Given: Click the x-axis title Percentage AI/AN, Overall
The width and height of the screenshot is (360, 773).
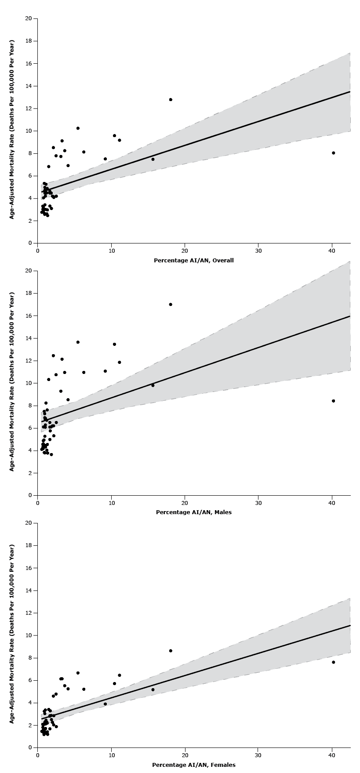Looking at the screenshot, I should pyautogui.click(x=193, y=261).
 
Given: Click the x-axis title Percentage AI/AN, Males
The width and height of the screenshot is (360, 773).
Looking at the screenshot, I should pyautogui.click(x=193, y=512).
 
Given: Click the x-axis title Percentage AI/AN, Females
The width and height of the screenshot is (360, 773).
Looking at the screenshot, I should pyautogui.click(x=193, y=765).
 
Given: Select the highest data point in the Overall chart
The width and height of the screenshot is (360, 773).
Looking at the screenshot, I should pyautogui.click(x=171, y=100).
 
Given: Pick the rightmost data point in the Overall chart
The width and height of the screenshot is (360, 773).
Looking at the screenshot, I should pyautogui.click(x=334, y=153).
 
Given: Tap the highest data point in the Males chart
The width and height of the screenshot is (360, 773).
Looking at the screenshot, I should pyautogui.click(x=171, y=305).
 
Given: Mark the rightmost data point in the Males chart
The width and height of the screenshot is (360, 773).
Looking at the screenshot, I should pyautogui.click(x=334, y=401).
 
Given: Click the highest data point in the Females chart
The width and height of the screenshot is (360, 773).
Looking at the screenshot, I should pyautogui.click(x=171, y=651).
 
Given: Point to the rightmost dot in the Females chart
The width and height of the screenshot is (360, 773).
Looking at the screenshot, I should pyautogui.click(x=334, y=662).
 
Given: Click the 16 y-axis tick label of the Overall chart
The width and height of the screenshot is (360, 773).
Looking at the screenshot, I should pyautogui.click(x=29, y=64).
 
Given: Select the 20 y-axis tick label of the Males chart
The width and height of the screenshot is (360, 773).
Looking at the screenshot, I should pyautogui.click(x=29, y=271).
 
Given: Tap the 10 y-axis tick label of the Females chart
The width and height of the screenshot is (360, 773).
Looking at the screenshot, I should pyautogui.click(x=29, y=635).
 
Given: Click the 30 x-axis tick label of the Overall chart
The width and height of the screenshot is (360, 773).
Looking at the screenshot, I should pyautogui.click(x=258, y=251).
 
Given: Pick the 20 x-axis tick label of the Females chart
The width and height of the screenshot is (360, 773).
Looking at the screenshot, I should pyautogui.click(x=185, y=755).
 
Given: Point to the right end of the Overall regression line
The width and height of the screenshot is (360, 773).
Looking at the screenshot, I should pyautogui.click(x=350, y=91).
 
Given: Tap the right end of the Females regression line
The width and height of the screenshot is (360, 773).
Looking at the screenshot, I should pyautogui.click(x=350, y=625).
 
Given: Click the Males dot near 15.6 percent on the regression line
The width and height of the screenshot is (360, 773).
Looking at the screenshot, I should pyautogui.click(x=153, y=385).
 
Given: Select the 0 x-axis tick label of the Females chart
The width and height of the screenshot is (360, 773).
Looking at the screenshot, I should pyautogui.click(x=38, y=755).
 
